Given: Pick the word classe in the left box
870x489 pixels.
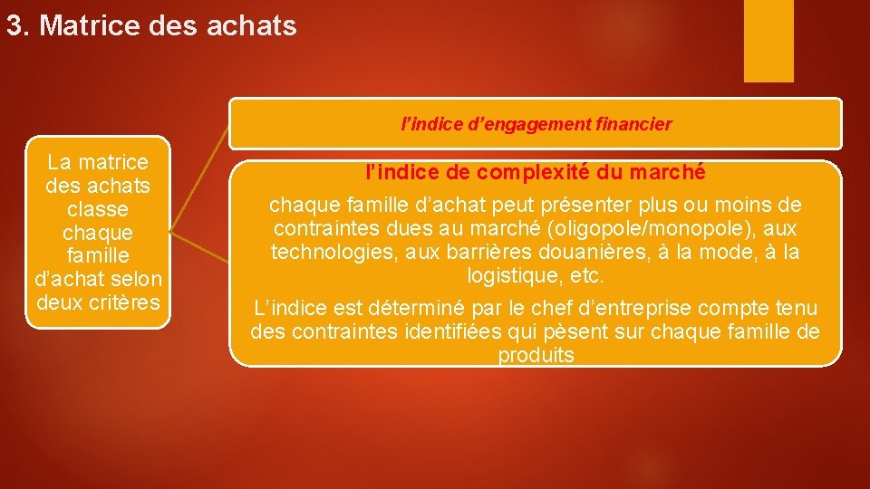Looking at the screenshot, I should click(98, 209).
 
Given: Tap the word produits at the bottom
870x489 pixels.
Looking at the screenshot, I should click(536, 355).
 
